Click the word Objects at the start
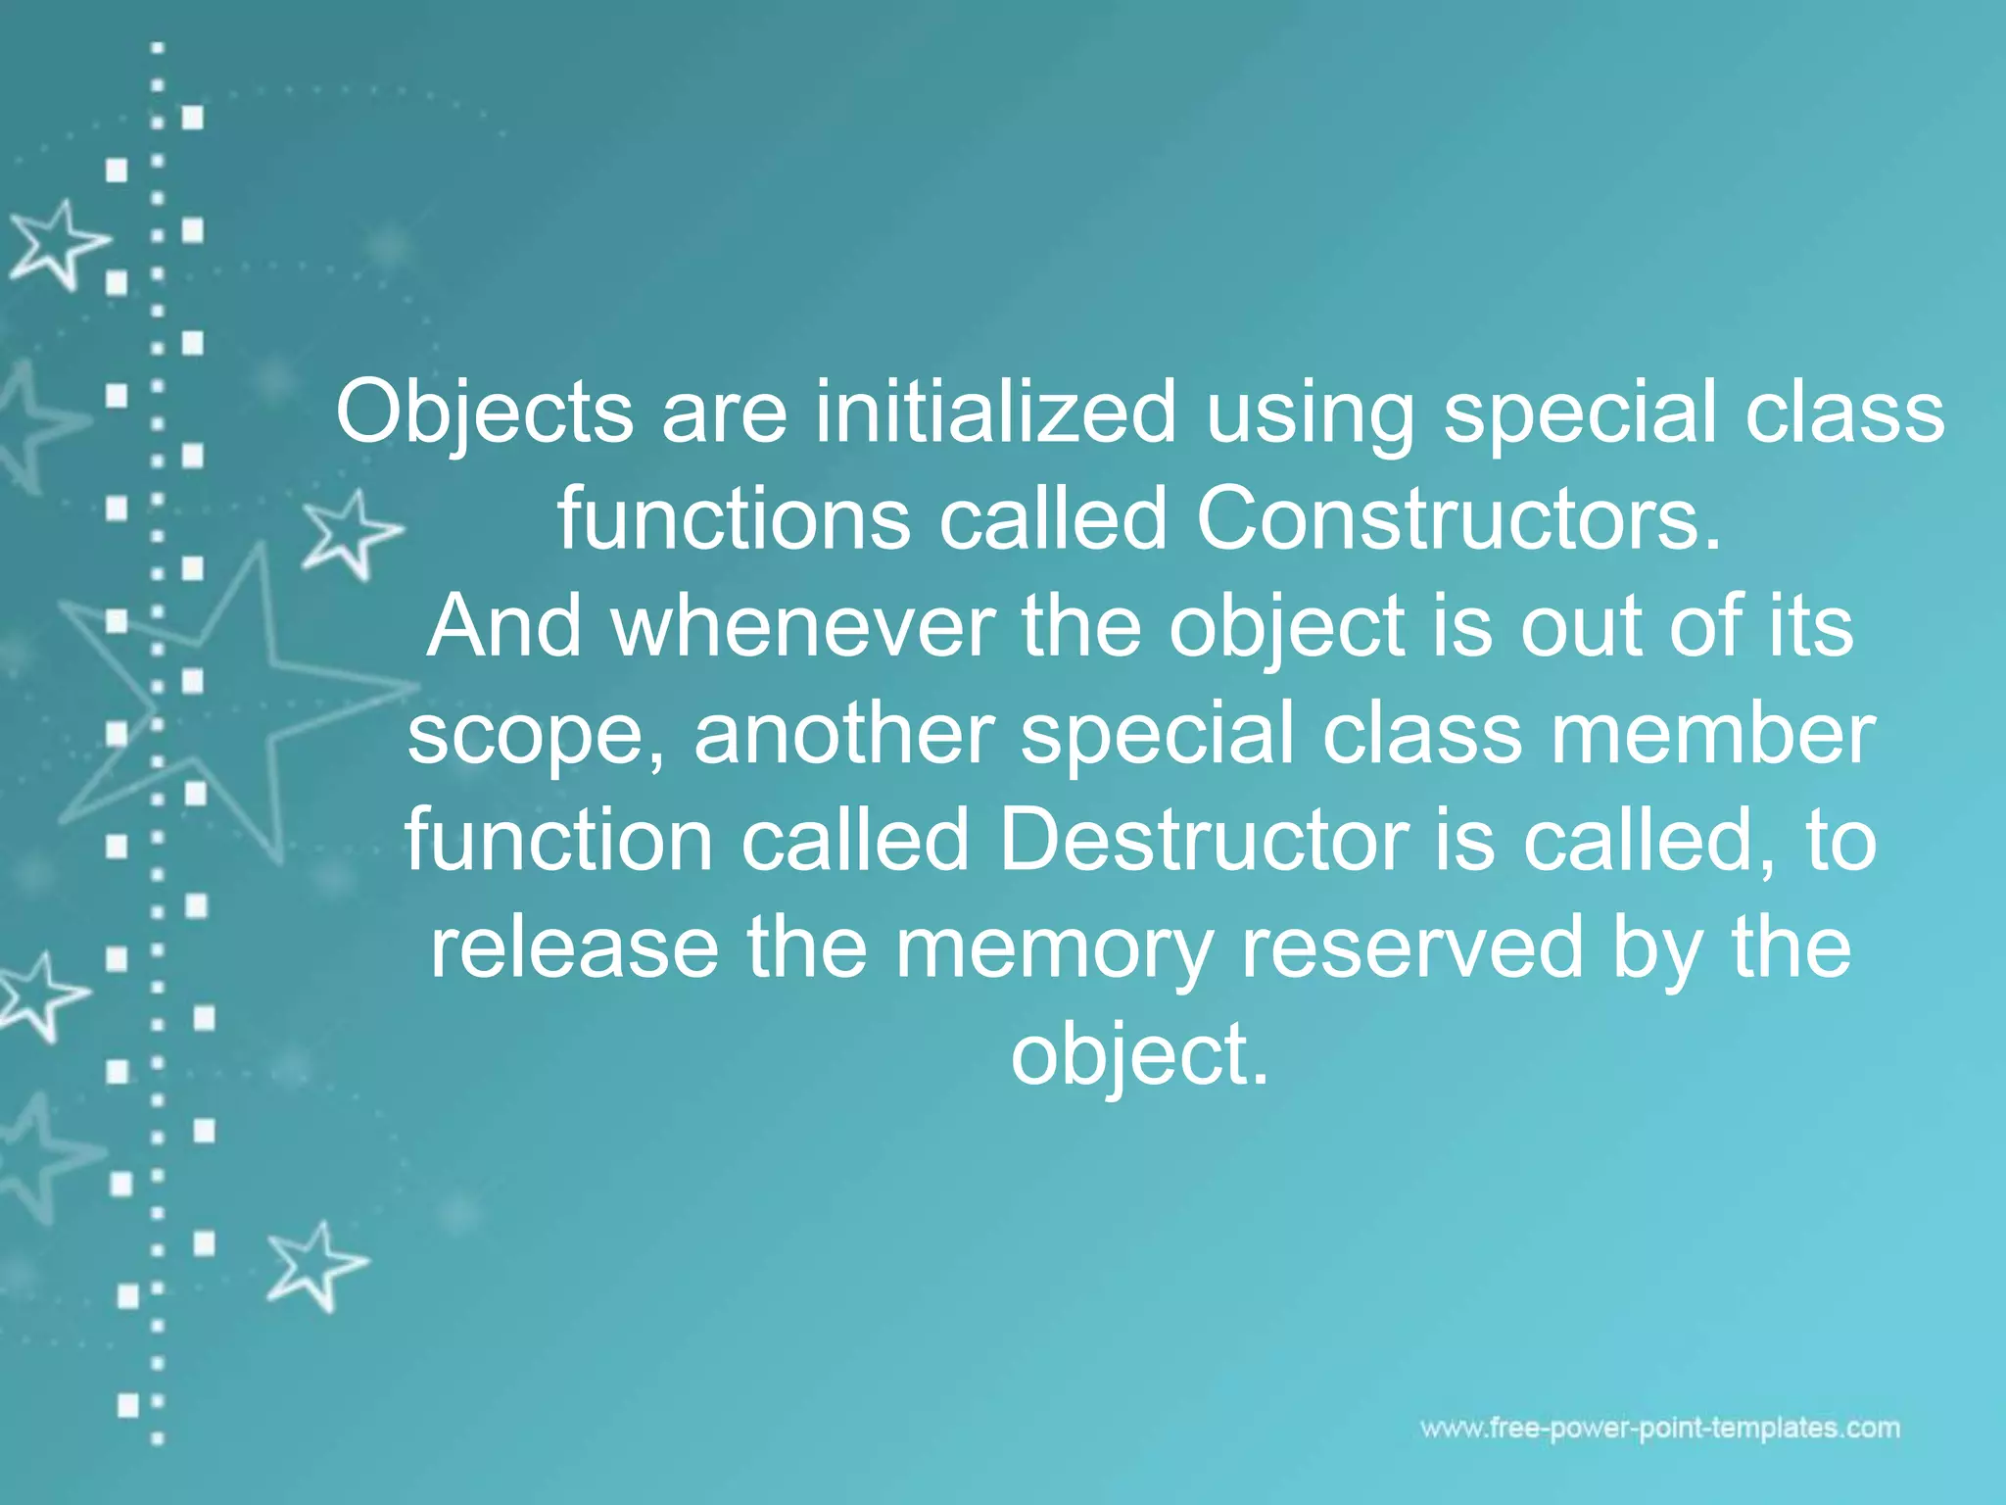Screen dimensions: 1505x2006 (x=484, y=413)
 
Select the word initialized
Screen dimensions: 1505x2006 (x=995, y=413)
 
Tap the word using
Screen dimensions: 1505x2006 (x=1311, y=413)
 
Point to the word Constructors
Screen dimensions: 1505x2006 (x=1457, y=519)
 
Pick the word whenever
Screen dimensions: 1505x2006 (x=803, y=626)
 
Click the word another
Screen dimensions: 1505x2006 (x=844, y=734)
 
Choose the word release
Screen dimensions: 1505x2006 (x=575, y=947)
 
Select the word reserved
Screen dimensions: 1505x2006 (x=1411, y=947)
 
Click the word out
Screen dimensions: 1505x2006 (x=1580, y=626)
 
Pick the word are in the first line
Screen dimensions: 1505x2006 (x=724, y=413)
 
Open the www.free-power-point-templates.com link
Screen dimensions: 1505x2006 (x=1660, y=1429)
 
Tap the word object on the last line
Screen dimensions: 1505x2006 (x=1138, y=1055)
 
